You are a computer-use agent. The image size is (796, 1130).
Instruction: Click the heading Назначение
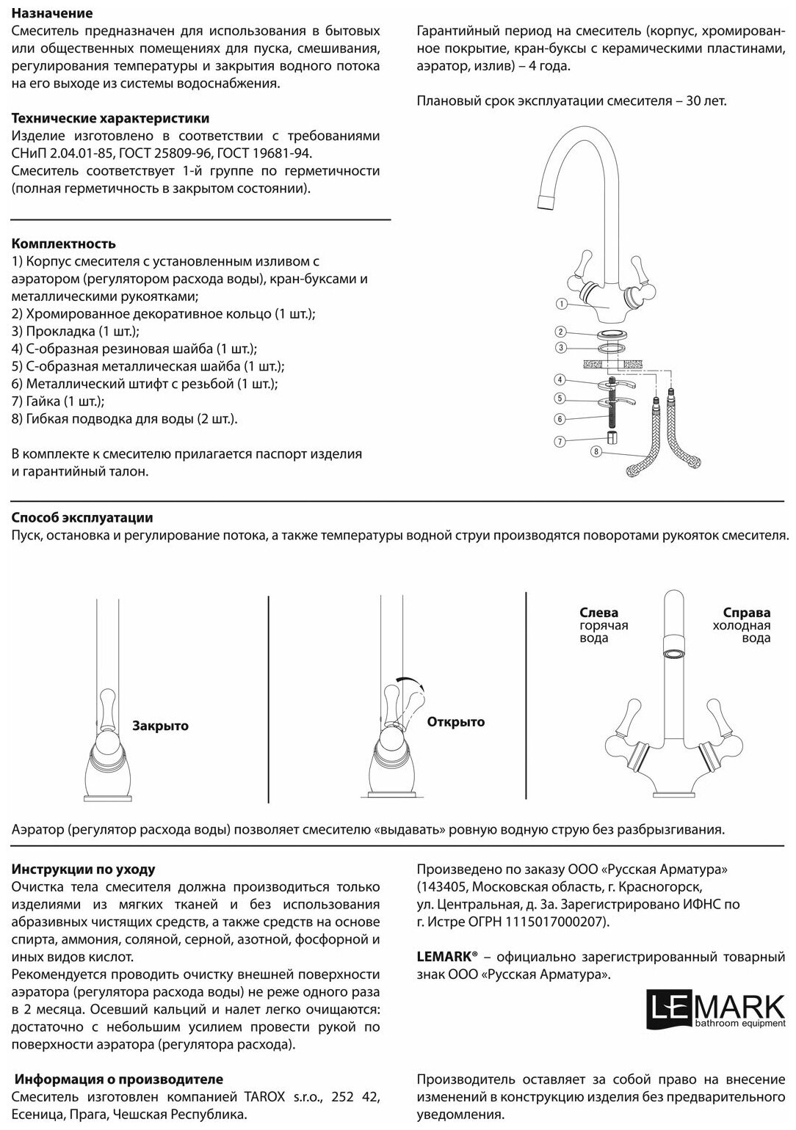click(52, 13)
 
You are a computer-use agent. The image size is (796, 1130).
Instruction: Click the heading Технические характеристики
click(110, 118)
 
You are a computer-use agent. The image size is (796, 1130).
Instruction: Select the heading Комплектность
click(64, 244)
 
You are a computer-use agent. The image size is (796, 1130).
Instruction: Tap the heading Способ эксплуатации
click(82, 518)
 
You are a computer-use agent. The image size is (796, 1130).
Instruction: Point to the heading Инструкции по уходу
click(84, 869)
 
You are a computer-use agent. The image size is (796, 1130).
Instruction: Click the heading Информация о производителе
click(119, 1079)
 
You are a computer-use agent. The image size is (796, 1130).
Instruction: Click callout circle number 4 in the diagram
click(560, 379)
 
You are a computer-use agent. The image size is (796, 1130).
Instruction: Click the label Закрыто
click(160, 726)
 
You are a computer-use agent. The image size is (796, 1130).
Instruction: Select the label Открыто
click(456, 722)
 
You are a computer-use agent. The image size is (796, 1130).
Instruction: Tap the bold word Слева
click(598, 612)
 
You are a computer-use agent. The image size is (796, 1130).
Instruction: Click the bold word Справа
click(746, 612)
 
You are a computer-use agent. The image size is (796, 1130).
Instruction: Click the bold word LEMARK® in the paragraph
click(446, 957)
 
